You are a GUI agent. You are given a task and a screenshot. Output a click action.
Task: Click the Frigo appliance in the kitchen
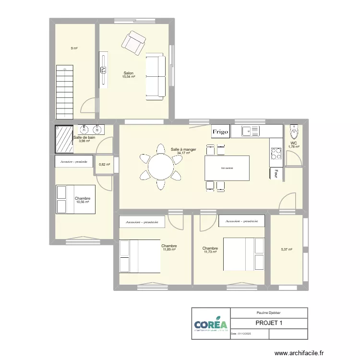pyautogui.click(x=221, y=132)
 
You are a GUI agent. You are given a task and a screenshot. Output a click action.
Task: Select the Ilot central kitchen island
pyautogui.click(x=227, y=168)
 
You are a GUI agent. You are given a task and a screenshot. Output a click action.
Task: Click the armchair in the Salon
pyautogui.click(x=134, y=42)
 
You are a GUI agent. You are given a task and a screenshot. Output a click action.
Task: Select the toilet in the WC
pyautogui.click(x=294, y=130)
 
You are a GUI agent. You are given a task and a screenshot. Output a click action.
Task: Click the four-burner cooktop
pyautogui.click(x=276, y=153)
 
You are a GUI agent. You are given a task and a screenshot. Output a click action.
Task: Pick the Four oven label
pyautogui.click(x=276, y=173)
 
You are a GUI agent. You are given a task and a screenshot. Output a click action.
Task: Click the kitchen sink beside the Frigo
pyautogui.click(x=251, y=130)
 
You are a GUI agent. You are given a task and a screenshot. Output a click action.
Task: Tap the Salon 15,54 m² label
pyautogui.click(x=128, y=75)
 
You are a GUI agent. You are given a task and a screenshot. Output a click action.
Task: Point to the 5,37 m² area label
pyautogui.click(x=286, y=249)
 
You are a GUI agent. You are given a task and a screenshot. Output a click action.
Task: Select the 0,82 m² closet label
pyautogui.click(x=104, y=165)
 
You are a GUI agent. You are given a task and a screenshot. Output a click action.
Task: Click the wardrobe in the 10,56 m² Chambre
pyautogui.click(x=73, y=162)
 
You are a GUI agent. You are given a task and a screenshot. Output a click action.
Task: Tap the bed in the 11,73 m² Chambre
pyautogui.click(x=244, y=254)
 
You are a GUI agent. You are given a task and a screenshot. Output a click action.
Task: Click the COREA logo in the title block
pyautogui.click(x=211, y=324)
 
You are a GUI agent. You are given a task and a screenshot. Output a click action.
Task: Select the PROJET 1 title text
pyautogui.click(x=269, y=323)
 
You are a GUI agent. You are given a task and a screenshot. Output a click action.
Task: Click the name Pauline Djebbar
pyautogui.click(x=269, y=312)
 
